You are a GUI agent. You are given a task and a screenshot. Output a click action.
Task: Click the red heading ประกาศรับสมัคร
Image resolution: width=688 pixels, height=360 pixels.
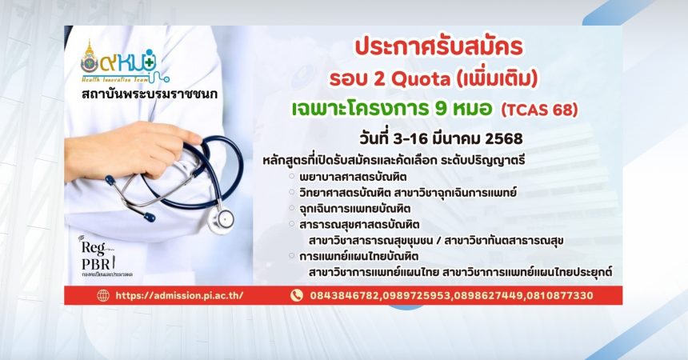(438, 47)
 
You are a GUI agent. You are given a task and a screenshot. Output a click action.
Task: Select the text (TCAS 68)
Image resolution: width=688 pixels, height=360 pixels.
(539, 110)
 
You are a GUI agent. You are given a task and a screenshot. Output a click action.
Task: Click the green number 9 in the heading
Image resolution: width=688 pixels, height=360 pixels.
(442, 109)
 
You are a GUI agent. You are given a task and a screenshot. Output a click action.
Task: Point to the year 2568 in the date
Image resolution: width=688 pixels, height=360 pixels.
(504, 138)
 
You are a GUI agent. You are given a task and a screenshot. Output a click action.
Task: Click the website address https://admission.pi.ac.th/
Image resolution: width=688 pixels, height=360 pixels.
(179, 295)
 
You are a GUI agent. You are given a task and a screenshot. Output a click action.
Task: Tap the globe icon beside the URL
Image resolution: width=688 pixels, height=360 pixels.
(103, 295)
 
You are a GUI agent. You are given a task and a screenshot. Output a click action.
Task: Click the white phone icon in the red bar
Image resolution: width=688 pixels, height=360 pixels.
(297, 295)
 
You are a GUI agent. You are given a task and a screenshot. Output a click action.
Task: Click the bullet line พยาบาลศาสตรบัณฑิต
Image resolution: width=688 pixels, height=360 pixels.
(353, 177)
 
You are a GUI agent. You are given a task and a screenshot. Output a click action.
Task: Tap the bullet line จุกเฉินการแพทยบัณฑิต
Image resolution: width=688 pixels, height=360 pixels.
(355, 208)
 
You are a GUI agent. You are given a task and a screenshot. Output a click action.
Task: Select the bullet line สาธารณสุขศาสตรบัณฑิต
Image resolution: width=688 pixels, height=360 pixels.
(359, 224)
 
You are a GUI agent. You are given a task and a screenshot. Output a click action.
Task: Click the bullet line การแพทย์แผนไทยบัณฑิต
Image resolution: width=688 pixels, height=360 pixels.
(359, 256)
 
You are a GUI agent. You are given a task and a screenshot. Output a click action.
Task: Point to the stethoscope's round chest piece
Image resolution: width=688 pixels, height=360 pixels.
(220, 218)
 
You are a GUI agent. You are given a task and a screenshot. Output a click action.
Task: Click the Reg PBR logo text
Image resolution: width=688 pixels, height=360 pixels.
(96, 255)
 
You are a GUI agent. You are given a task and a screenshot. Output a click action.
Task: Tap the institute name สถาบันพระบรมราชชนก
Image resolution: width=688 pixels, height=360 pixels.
(149, 94)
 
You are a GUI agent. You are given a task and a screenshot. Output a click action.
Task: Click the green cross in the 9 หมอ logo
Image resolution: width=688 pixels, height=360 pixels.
(150, 62)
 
